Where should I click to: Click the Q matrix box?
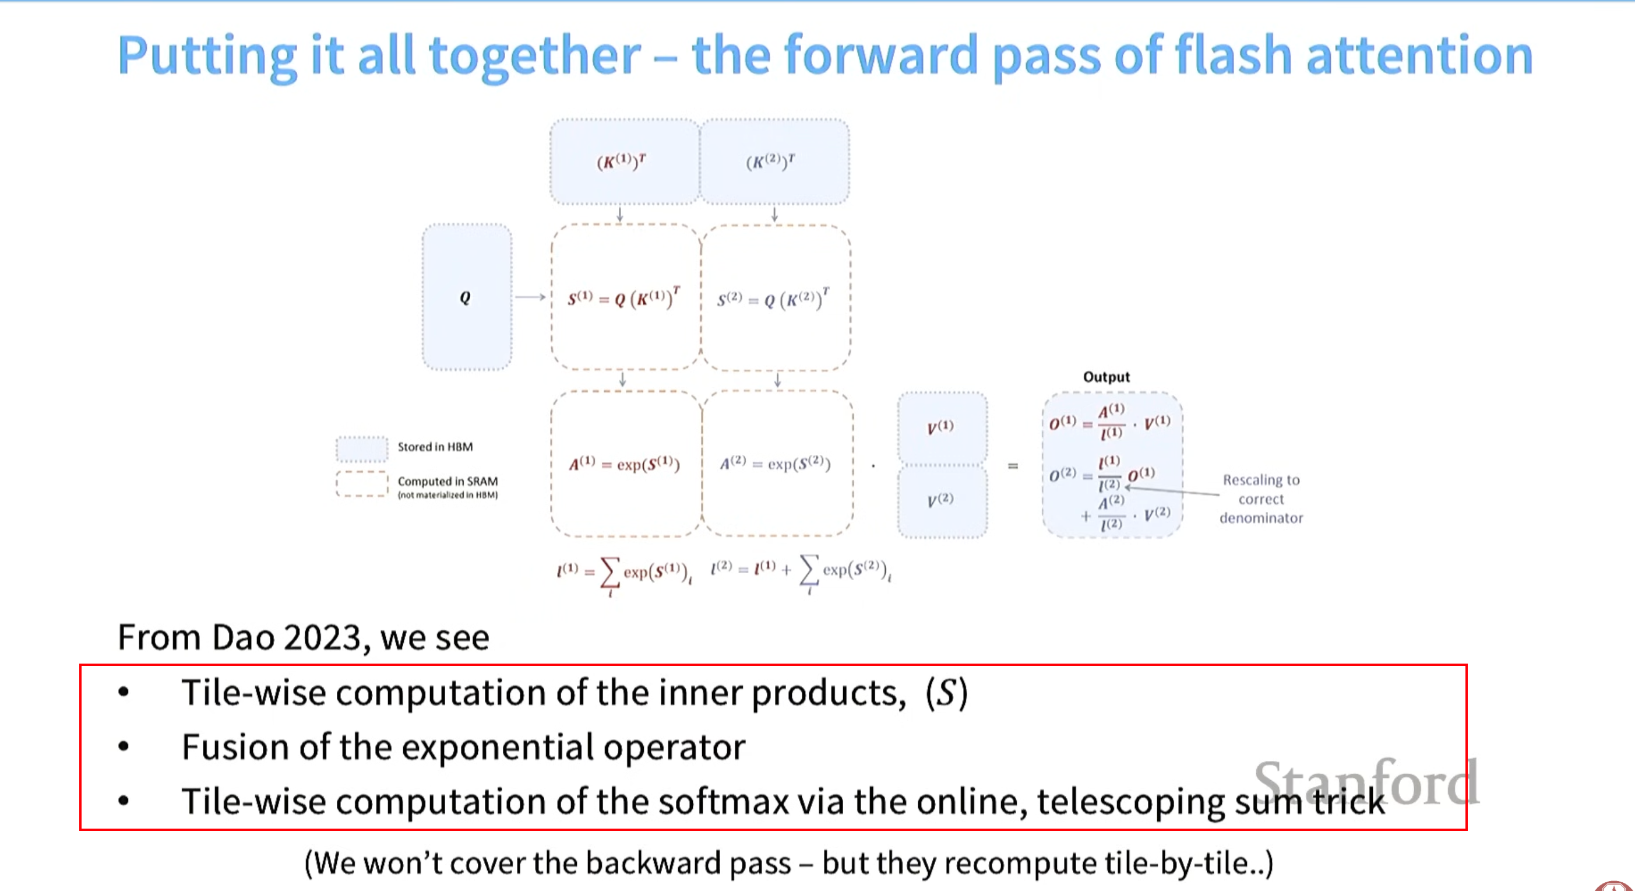pos(467,297)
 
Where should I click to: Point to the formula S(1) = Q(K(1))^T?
pos(624,298)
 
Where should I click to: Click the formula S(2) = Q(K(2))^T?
pos(773,299)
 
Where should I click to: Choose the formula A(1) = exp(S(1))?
pos(625,464)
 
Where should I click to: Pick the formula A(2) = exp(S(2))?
pos(775,463)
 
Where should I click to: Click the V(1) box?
pos(941,426)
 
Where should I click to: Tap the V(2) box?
pos(941,500)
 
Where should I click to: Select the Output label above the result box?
pos(1107,377)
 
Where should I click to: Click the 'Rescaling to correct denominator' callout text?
pos(1261,499)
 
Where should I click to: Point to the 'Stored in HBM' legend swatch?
pos(362,448)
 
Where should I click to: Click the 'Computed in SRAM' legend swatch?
pos(362,484)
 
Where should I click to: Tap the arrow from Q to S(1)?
pos(530,297)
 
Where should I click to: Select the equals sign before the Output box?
pos(1013,466)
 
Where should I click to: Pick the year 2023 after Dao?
pos(322,637)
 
